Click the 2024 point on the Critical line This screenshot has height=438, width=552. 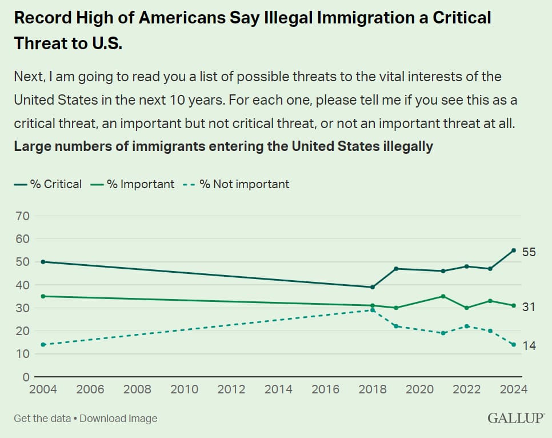(x=514, y=250)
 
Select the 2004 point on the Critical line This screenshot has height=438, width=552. (x=43, y=262)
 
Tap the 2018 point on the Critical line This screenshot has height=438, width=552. (x=373, y=287)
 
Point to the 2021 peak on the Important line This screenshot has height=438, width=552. (x=443, y=296)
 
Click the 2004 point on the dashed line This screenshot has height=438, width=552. (x=43, y=345)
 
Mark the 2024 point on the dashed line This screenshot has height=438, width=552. (x=514, y=345)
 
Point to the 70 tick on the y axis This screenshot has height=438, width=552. (x=23, y=216)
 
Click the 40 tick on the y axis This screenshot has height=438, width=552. (x=23, y=285)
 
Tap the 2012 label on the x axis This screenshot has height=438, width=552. (x=231, y=389)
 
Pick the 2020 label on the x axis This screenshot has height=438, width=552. (x=420, y=389)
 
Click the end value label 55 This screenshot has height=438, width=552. (x=529, y=252)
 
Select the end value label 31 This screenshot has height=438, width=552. (x=529, y=307)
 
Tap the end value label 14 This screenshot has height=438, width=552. (x=529, y=345)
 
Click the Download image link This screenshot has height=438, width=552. (x=118, y=419)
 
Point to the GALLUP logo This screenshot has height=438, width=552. (x=515, y=419)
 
